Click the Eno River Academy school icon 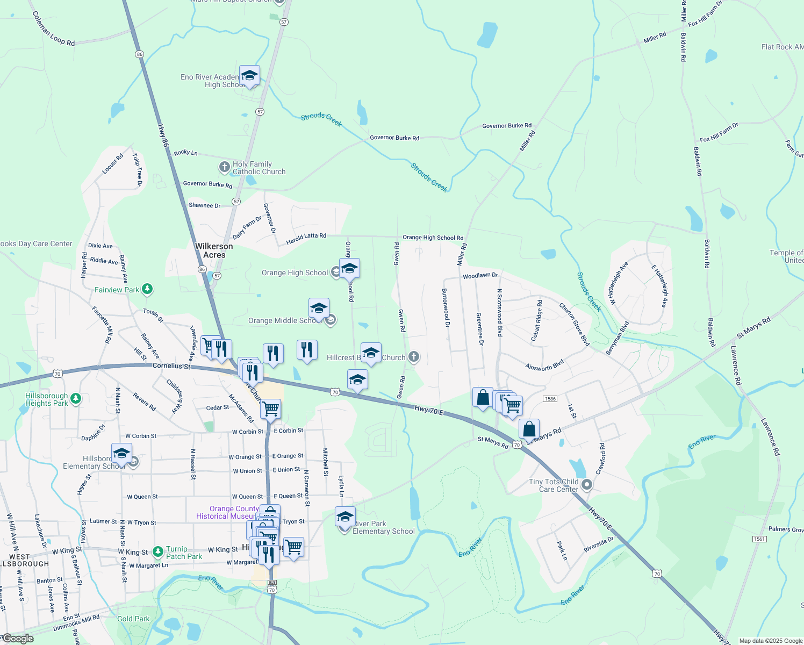pyautogui.click(x=249, y=76)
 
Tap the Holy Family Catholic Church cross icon pyautogui.click(x=225, y=167)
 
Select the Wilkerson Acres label pyautogui.click(x=214, y=250)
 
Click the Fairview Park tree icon pyautogui.click(x=147, y=289)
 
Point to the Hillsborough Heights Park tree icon pyautogui.click(x=76, y=398)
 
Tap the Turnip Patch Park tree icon pyautogui.click(x=157, y=551)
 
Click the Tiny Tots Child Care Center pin pyautogui.click(x=587, y=485)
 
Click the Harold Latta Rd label pyautogui.click(x=306, y=239)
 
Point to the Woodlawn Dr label pyautogui.click(x=480, y=276)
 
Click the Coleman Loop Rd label pyautogui.click(x=53, y=29)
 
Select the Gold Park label pyautogui.click(x=133, y=619)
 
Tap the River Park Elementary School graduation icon pyautogui.click(x=345, y=518)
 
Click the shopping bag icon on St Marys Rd pyautogui.click(x=529, y=429)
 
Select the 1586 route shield pyautogui.click(x=550, y=399)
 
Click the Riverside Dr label pyautogui.click(x=598, y=544)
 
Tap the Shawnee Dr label pyautogui.click(x=204, y=205)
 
